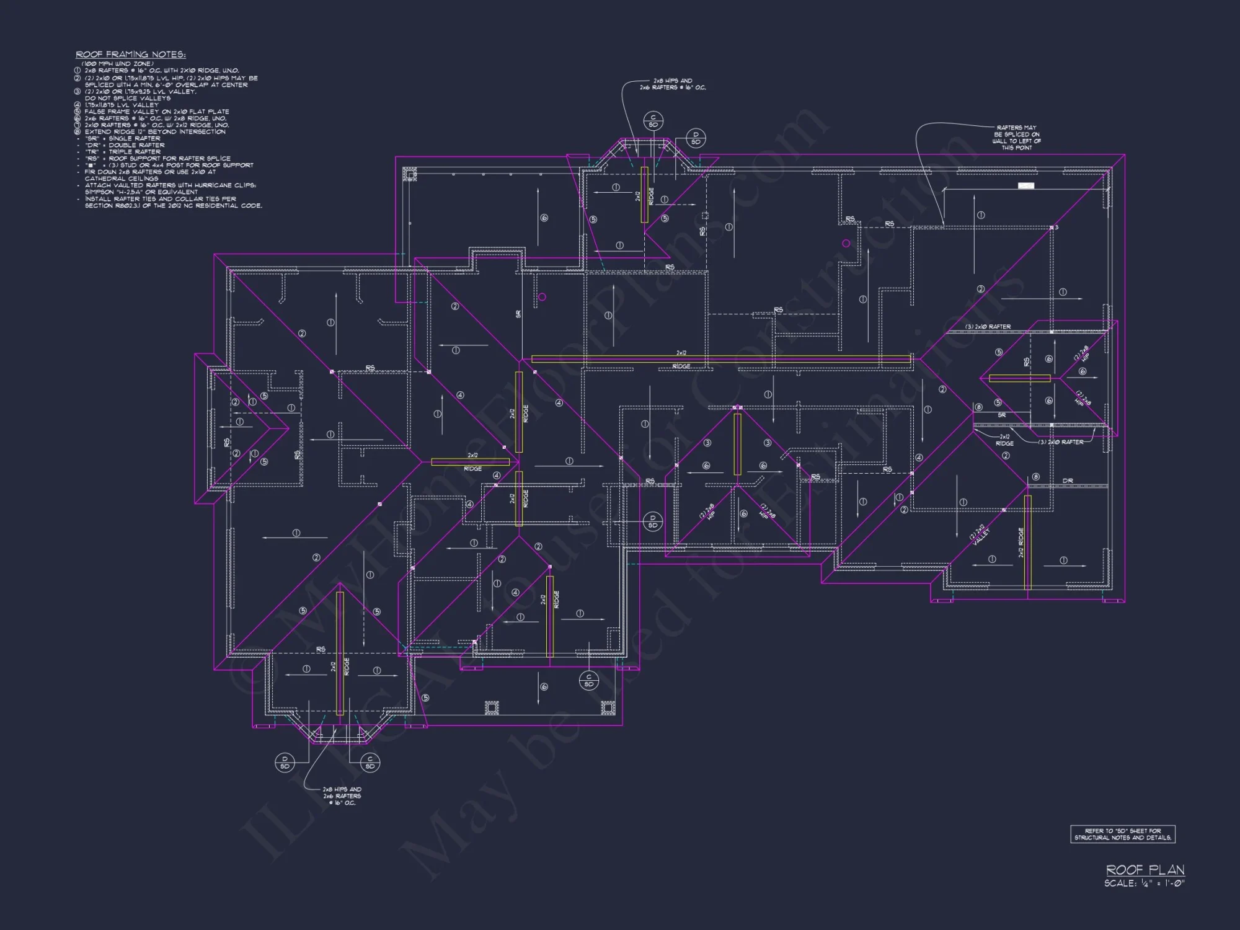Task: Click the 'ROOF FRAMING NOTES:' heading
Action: pyautogui.click(x=131, y=55)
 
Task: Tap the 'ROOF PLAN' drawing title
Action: pyautogui.click(x=1145, y=870)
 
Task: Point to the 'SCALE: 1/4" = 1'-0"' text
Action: pyautogui.click(x=1144, y=883)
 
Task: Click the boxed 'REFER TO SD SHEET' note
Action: pyautogui.click(x=1123, y=834)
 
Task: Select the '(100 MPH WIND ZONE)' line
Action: pyautogui.click(x=118, y=64)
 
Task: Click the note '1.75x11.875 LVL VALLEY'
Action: pyautogui.click(x=122, y=105)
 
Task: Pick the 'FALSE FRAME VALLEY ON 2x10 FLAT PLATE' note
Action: pyautogui.click(x=157, y=112)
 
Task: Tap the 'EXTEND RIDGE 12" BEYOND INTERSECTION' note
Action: pyautogui.click(x=155, y=131)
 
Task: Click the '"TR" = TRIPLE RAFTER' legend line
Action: pyautogui.click(x=123, y=152)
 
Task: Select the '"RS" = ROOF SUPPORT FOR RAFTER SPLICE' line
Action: pyautogui.click(x=157, y=159)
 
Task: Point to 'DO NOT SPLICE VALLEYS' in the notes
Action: pyautogui.click(x=128, y=98)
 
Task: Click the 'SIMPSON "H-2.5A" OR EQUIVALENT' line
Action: pyautogui.click(x=141, y=192)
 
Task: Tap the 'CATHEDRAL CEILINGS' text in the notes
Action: pyautogui.click(x=122, y=179)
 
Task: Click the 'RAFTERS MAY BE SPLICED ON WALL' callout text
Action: pyautogui.click(x=1017, y=138)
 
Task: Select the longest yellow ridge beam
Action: pyautogui.click(x=721, y=358)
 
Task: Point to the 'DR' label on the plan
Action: pyautogui.click(x=1068, y=480)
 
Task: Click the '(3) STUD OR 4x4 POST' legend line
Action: pyautogui.click(x=169, y=166)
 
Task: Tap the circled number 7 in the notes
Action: pyautogui.click(x=78, y=125)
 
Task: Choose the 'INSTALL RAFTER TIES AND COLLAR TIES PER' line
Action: pyautogui.click(x=161, y=199)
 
